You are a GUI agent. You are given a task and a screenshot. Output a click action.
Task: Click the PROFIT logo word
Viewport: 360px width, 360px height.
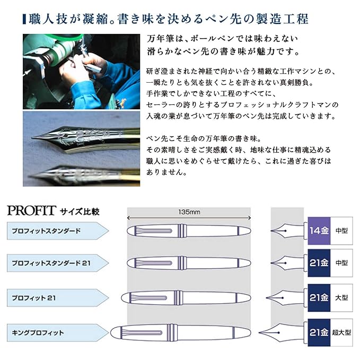[x=32, y=210]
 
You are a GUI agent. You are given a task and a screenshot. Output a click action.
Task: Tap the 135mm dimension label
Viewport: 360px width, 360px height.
[x=189, y=212]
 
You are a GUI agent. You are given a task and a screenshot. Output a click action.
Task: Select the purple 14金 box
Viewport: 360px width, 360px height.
[x=319, y=231]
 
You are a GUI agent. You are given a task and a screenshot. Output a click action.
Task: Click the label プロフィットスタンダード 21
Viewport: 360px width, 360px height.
[x=51, y=263]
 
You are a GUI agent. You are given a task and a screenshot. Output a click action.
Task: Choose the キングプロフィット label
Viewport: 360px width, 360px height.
[x=38, y=332]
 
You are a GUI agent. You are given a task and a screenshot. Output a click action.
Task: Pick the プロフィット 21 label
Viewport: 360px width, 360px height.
[x=34, y=298]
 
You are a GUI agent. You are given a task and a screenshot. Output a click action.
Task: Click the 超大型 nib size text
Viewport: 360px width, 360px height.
[x=341, y=332]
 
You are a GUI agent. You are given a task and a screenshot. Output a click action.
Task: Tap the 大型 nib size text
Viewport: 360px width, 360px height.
[x=341, y=298]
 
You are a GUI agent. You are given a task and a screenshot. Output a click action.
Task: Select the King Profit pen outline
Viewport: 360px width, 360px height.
[x=180, y=332]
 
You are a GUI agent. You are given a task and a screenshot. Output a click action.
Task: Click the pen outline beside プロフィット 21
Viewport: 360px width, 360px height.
[x=186, y=298]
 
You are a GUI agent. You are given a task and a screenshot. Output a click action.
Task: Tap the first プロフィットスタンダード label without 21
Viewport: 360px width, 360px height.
[x=46, y=231]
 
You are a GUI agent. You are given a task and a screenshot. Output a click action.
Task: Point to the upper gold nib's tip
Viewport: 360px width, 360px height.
[x=32, y=138]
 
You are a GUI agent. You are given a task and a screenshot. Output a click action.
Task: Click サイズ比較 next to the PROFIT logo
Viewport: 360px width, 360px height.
[x=80, y=212]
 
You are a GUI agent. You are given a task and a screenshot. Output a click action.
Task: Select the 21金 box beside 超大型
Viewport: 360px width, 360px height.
[x=319, y=332]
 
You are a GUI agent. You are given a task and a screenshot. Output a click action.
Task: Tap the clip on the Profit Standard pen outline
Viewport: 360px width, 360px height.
[x=153, y=231]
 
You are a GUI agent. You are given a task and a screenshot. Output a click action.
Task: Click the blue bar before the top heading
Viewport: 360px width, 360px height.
[x=24, y=19]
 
